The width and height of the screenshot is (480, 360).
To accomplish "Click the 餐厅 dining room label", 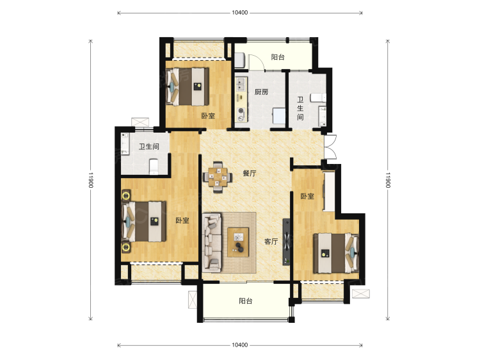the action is (249, 174).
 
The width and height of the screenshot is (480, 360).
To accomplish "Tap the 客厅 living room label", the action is (271, 241).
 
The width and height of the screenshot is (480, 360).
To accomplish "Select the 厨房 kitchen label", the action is (261, 92).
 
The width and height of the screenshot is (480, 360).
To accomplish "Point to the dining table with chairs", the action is (218, 177).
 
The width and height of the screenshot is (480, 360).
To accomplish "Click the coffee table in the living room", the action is (238, 242).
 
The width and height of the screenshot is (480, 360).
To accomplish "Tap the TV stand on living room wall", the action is (286, 241).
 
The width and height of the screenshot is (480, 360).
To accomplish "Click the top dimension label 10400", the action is (240, 13).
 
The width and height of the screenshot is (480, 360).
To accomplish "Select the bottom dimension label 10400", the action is (240, 345).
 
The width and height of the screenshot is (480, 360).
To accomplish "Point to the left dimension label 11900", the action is (91, 180).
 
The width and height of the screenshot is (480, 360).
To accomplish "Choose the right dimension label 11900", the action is (388, 180).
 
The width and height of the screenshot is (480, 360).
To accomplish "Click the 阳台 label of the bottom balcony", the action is (246, 301).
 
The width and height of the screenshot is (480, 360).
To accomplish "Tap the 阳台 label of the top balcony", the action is (278, 57).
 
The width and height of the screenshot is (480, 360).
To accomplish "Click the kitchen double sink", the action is (241, 85).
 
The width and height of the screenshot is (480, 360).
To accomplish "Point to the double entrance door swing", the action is (330, 147).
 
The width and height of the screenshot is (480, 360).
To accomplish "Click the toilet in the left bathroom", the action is (154, 167).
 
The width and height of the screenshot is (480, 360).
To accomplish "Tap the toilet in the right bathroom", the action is (318, 98).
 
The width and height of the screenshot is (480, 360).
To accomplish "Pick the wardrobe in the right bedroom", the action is (329, 192).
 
